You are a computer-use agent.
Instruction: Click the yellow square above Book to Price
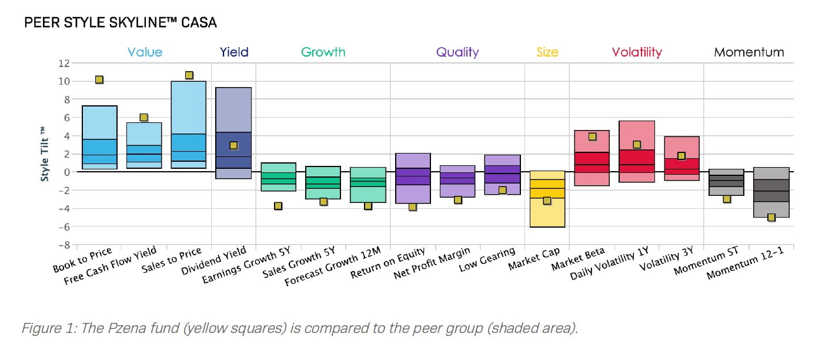coord(99,80)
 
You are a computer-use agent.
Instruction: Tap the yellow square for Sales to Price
coord(189,75)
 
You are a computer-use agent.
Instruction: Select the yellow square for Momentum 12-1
coord(771,218)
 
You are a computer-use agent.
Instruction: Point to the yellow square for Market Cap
coord(547,201)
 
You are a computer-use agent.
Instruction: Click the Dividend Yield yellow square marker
coord(233,145)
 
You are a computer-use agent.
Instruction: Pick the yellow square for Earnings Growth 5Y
coord(278,206)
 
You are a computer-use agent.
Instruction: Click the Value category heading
coord(145,52)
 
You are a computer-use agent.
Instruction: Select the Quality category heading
coord(457,52)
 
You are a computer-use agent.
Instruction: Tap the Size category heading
coord(547,52)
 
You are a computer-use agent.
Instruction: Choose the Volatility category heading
coord(637,52)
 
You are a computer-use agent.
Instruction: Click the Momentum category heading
coord(749,52)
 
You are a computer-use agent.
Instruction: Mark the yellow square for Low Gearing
coord(502,190)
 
